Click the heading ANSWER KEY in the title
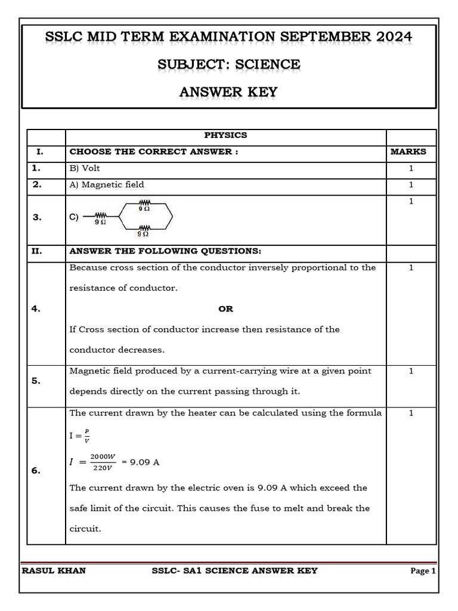(x=228, y=92)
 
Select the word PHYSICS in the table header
(x=225, y=135)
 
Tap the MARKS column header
(x=409, y=152)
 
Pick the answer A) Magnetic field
(x=107, y=185)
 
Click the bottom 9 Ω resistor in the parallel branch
(x=144, y=230)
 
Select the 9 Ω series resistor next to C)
(x=100, y=218)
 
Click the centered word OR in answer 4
(x=225, y=309)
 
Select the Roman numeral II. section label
(x=37, y=251)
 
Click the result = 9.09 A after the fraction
(x=140, y=462)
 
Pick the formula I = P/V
(x=79, y=436)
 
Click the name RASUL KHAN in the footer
(x=54, y=571)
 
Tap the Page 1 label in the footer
(x=423, y=571)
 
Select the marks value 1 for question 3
(x=411, y=202)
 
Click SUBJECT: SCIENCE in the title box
(x=228, y=64)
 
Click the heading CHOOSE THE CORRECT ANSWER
(x=154, y=152)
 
